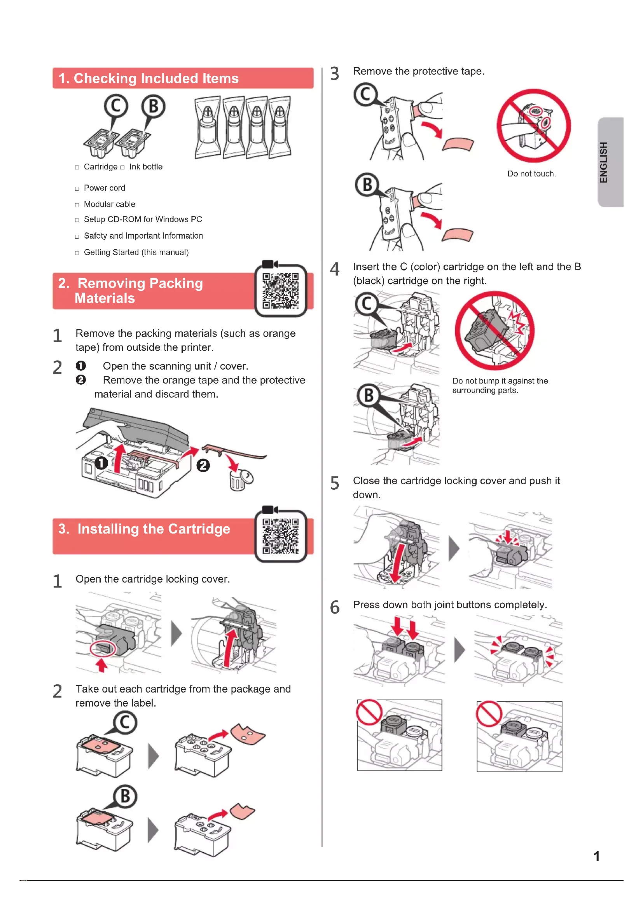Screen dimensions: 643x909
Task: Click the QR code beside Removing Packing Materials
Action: tap(280, 291)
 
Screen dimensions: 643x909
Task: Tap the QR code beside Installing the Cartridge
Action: tap(280, 536)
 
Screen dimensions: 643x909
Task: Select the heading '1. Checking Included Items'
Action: tap(149, 79)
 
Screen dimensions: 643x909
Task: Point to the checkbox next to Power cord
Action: tap(77, 189)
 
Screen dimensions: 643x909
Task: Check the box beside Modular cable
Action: tap(77, 205)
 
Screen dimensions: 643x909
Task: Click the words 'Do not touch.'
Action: tap(531, 174)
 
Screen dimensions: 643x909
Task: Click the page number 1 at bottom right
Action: tap(596, 857)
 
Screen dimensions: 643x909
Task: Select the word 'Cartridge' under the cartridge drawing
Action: tap(101, 167)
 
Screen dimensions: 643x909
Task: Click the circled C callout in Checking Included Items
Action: tap(116, 106)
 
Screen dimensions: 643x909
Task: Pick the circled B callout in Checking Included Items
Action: tap(153, 106)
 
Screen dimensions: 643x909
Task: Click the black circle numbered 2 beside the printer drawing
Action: tap(203, 465)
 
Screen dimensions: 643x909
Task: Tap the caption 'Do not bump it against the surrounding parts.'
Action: tap(500, 385)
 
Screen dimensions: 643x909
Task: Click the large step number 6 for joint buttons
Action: tap(335, 607)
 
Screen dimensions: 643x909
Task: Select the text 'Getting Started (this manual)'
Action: tap(136, 252)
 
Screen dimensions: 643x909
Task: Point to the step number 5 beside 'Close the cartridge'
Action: tap(335, 483)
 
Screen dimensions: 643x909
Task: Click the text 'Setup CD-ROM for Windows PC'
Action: tap(143, 219)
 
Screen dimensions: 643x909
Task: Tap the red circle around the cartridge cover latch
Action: tap(103, 648)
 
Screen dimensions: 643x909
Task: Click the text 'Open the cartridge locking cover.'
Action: tap(152, 579)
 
